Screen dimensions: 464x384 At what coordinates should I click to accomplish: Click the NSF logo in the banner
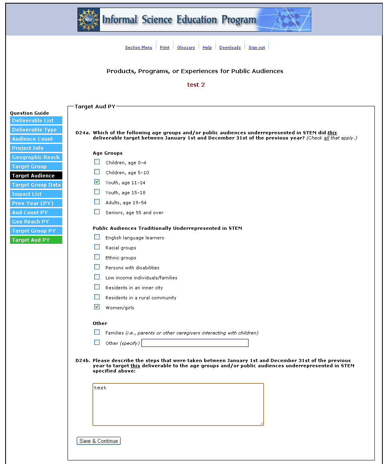click(x=89, y=20)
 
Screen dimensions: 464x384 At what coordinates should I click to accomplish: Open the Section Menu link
click(x=138, y=48)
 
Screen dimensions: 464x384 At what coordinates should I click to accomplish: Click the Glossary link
click(x=186, y=48)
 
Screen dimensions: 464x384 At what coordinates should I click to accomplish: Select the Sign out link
click(x=257, y=48)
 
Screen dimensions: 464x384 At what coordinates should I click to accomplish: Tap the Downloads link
click(x=230, y=48)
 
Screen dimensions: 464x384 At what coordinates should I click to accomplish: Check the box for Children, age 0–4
click(x=97, y=162)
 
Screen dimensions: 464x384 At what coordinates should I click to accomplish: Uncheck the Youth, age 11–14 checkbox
click(x=97, y=182)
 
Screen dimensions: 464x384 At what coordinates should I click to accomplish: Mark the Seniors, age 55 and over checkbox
click(x=97, y=212)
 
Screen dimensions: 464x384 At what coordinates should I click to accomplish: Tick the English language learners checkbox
click(x=97, y=237)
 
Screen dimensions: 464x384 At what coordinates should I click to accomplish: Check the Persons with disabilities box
click(x=97, y=267)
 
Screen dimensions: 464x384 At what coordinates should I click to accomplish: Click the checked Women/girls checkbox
click(x=97, y=307)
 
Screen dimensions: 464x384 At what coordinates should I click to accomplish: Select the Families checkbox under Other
click(x=97, y=332)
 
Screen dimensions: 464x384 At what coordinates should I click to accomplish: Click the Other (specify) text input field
click(x=195, y=343)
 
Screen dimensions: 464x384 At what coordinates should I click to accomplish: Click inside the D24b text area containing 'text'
click(x=178, y=404)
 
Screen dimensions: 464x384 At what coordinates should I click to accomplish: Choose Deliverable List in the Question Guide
click(x=36, y=120)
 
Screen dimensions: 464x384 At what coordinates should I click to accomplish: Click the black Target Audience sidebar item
click(x=36, y=175)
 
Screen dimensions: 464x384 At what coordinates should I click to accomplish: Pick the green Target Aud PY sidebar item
click(x=36, y=240)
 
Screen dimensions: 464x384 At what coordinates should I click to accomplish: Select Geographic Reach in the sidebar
click(x=36, y=157)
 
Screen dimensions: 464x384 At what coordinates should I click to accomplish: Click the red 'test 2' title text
click(x=196, y=85)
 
